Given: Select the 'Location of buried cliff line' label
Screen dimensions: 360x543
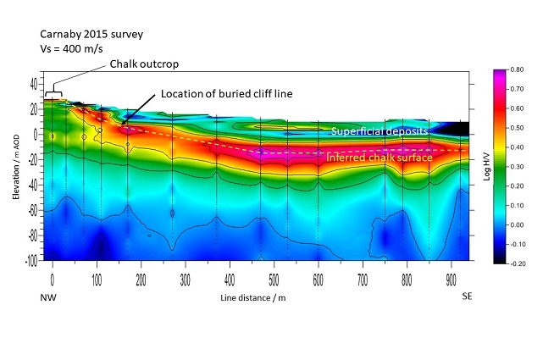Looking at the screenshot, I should pos(227,93).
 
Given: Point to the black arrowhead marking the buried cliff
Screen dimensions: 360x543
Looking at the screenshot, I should pos(125,123).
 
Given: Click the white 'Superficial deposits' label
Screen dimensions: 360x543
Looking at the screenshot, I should pos(379,132).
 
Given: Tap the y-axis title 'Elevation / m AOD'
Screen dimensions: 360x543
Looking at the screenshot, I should pos(16,169).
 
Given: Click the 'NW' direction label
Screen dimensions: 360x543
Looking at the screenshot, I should pos(49,297).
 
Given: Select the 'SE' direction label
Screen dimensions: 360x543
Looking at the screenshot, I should pos(467,297).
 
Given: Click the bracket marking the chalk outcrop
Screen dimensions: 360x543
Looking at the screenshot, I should pos(53,92).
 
